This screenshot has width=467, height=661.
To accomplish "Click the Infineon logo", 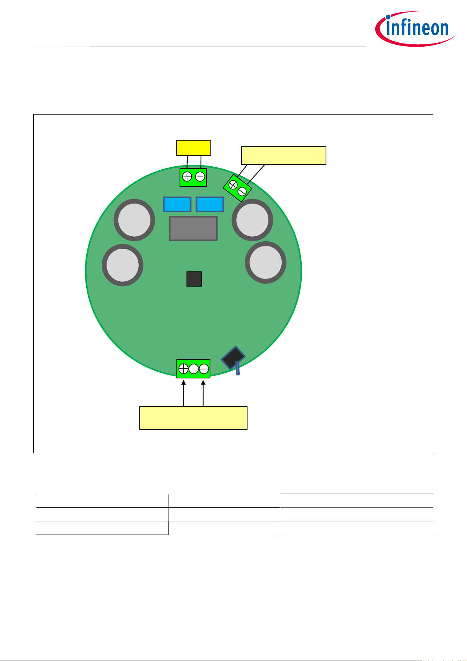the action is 415,29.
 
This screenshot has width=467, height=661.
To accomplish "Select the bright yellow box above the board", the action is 193,148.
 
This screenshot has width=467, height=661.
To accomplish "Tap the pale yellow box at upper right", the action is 283,155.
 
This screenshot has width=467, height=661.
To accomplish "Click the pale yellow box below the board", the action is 193,418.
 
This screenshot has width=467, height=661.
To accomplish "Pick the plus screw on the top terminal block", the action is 187,177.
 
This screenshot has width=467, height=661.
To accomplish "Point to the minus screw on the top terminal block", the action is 200,177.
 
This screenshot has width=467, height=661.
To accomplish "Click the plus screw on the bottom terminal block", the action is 183,369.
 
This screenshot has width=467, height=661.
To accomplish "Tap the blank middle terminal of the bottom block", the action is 194,369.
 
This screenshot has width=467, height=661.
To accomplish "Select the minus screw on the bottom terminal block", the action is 204,369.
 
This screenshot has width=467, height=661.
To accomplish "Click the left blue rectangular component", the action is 177,204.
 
